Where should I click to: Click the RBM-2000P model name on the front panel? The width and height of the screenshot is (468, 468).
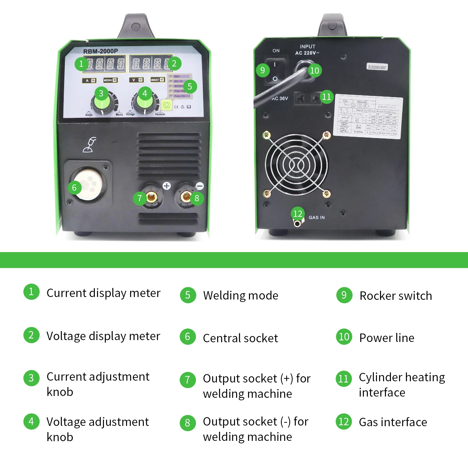(x=100, y=51)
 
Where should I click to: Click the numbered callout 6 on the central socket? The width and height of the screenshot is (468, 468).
(x=74, y=188)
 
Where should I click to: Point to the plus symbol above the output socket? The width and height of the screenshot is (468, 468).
(x=167, y=186)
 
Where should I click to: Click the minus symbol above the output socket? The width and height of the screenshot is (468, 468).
(x=200, y=186)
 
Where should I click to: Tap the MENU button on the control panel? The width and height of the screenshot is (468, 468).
(x=110, y=80)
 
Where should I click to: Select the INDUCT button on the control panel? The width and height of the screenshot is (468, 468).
(x=157, y=80)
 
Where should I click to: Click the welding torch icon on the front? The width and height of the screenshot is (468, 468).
(x=90, y=145)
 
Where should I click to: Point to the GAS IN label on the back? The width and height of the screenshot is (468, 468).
(x=316, y=217)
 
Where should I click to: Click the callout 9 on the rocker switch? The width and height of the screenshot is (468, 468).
(x=263, y=70)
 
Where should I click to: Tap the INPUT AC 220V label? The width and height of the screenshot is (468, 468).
(x=307, y=50)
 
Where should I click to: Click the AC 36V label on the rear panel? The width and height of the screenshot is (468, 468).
(x=280, y=99)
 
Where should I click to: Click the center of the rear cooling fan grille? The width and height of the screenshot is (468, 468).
(x=296, y=165)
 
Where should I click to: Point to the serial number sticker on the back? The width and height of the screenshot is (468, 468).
(x=377, y=67)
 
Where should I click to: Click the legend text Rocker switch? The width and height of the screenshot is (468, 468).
(x=396, y=296)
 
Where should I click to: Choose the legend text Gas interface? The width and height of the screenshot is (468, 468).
(x=393, y=422)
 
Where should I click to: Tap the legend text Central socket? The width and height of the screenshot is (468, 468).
(x=240, y=338)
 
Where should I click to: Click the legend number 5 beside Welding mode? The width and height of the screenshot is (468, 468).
(x=188, y=295)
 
